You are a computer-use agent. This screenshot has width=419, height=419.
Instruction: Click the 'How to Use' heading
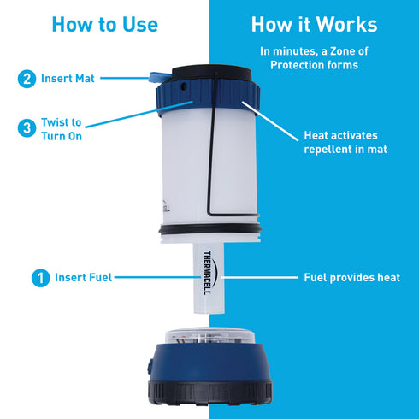[104, 23]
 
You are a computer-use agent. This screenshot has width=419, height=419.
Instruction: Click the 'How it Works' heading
[314, 23]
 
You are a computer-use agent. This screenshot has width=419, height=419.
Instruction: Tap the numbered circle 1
[38, 277]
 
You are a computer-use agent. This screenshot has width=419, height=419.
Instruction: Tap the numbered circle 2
[27, 79]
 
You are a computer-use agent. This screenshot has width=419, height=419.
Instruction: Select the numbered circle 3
[27, 129]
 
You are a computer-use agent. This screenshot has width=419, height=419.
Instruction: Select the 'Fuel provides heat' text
[351, 277]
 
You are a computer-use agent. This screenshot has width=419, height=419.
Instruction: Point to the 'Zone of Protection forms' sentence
[315, 58]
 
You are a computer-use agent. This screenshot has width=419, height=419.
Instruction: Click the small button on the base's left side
[150, 366]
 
